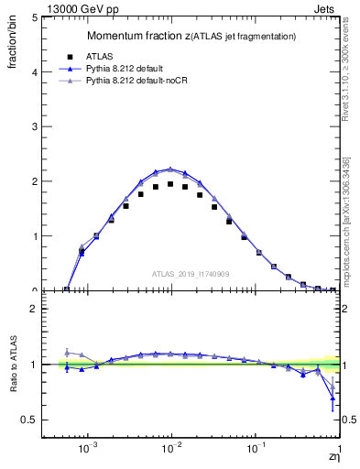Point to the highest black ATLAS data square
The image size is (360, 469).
click(x=170, y=184)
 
